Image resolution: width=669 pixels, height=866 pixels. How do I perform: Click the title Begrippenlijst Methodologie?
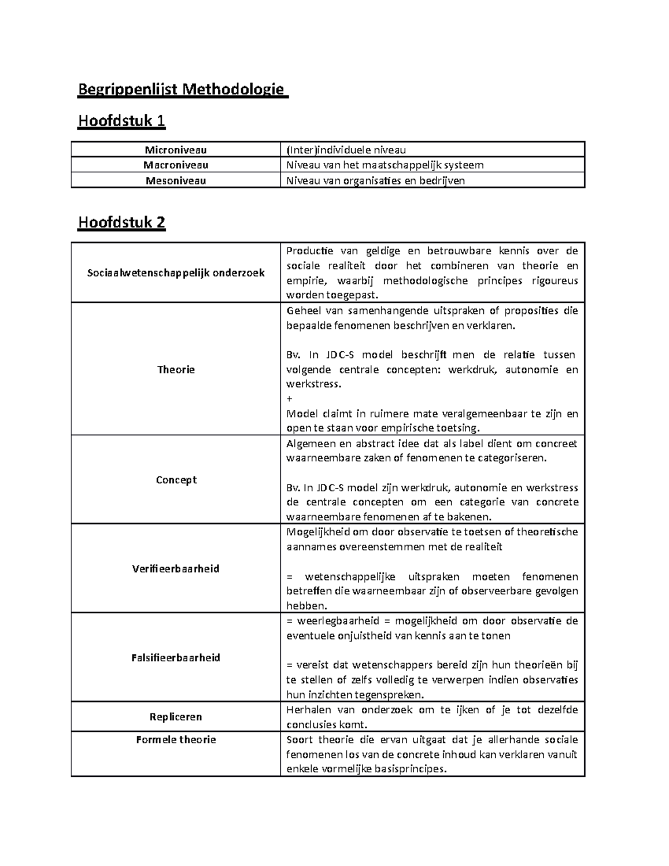182,89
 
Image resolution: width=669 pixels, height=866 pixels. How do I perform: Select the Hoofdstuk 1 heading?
122,121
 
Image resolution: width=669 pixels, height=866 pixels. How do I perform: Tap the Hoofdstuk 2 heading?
122,222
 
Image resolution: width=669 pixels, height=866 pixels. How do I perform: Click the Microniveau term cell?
176,149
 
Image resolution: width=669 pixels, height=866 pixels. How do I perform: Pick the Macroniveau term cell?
176,165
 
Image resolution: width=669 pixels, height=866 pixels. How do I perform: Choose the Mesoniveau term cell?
176,181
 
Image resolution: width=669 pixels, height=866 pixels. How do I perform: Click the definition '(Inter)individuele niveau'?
346,149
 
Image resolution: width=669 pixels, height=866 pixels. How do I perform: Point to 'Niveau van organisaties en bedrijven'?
375,181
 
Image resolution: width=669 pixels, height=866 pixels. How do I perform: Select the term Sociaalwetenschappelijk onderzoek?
176,273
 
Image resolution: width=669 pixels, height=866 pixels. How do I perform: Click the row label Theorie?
176,369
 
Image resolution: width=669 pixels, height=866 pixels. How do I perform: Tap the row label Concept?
176,480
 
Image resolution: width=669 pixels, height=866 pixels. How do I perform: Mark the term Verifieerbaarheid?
176,569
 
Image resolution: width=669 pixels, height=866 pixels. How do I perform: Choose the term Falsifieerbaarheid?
176,658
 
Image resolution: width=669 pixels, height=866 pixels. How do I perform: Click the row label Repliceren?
176,717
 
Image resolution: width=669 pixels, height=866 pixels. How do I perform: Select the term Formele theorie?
176,740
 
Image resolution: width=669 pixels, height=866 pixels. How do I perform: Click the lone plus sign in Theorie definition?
289,399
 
